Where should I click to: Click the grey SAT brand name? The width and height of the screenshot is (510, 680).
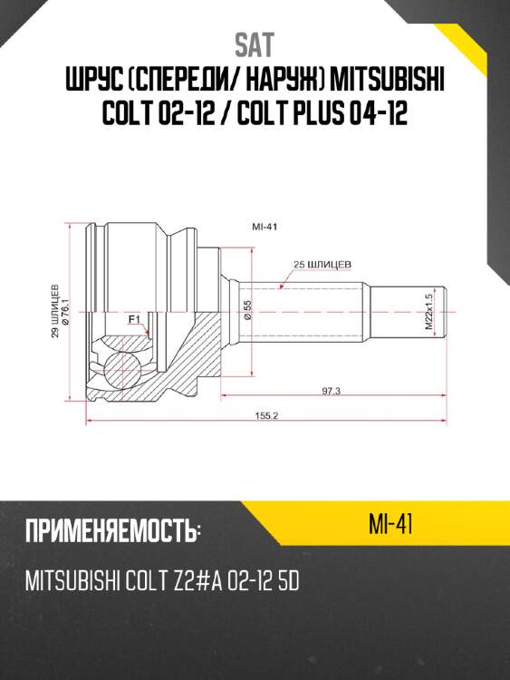tap(255, 45)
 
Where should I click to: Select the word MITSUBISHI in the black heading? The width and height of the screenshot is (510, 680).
tap(388, 80)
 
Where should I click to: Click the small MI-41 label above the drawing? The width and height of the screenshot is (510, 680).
tap(265, 227)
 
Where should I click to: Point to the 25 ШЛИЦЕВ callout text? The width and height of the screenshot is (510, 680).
tap(322, 264)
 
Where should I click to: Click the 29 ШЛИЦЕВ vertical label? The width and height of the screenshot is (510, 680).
tap(55, 311)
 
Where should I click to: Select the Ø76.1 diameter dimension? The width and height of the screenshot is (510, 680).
tap(66, 311)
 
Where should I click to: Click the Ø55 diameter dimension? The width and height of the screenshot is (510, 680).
tap(248, 310)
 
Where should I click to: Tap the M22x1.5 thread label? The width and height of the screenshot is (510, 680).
tap(429, 311)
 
